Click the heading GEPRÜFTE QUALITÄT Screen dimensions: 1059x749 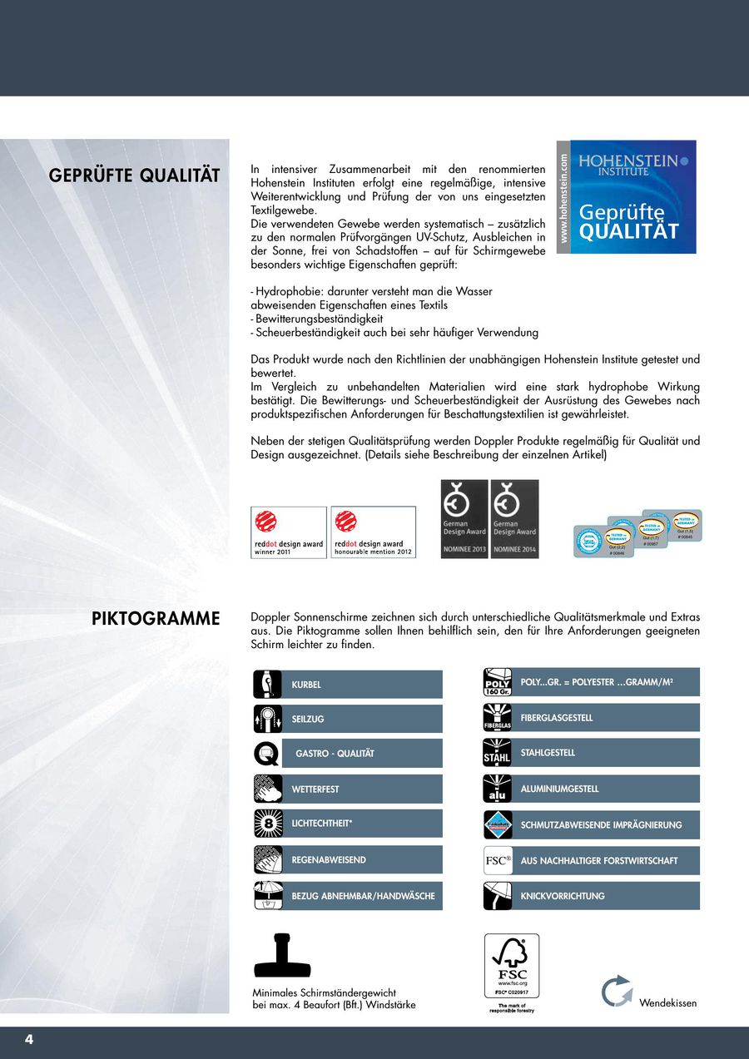point(134,176)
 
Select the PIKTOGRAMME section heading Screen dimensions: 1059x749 point(156,618)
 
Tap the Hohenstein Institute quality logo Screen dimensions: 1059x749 point(627,197)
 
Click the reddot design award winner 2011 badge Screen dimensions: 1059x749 point(289,532)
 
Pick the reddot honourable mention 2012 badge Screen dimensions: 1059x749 point(373,532)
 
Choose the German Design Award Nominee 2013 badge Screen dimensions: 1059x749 point(464,518)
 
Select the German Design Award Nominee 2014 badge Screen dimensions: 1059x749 point(514,518)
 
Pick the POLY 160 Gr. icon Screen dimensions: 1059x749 point(497,682)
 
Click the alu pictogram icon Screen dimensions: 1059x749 point(497,789)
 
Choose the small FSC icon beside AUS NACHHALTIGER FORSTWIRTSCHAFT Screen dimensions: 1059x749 point(497,860)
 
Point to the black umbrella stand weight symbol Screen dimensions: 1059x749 point(282,957)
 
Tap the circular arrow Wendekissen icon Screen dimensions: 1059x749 point(617,992)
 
